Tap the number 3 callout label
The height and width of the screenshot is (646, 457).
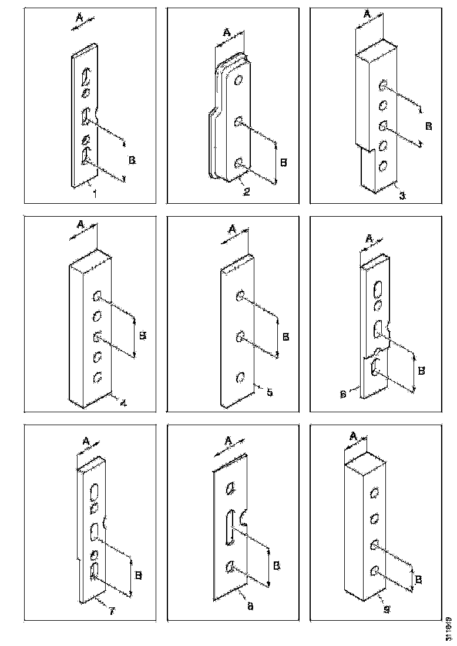coord(402,196)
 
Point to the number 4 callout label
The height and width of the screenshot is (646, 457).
coord(123,403)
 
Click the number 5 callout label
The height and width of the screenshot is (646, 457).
coord(268,392)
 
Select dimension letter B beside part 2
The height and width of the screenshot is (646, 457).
coord(284,163)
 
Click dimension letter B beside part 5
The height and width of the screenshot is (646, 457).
coord(286,337)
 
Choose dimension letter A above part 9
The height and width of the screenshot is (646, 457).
coord(354,436)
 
